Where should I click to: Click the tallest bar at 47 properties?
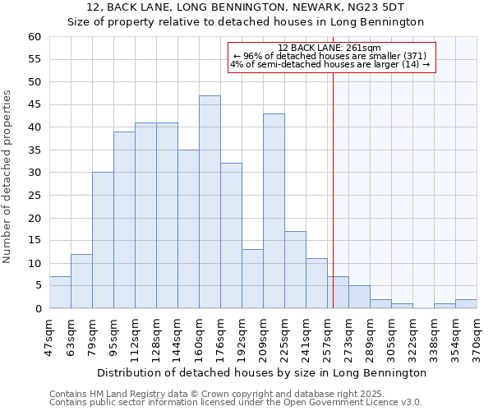pos(210,202)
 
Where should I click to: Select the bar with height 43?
pos(274,211)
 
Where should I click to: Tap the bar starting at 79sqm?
pos(103,240)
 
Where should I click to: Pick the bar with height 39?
pos(124,220)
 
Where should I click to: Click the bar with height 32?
pos(231,236)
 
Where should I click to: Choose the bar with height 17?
pos(295,270)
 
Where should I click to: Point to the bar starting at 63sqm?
pos(81,281)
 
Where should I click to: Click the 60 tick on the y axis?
pos(35,37)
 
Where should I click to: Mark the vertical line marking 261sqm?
pos(333,189)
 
